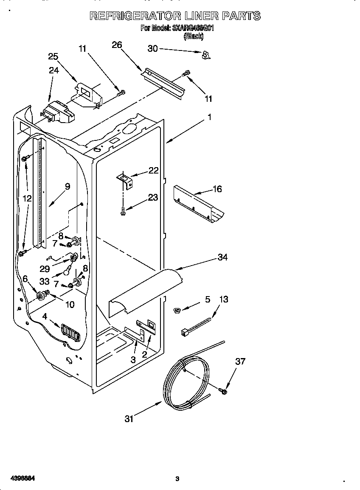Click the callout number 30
tap(152, 49)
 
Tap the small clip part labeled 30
tap(206, 54)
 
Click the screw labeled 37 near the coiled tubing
tap(223, 390)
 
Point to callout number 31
tap(129, 419)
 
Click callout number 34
tap(222, 257)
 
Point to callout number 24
tap(53, 70)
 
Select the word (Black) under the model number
tap(193, 37)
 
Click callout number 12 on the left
tap(27, 198)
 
